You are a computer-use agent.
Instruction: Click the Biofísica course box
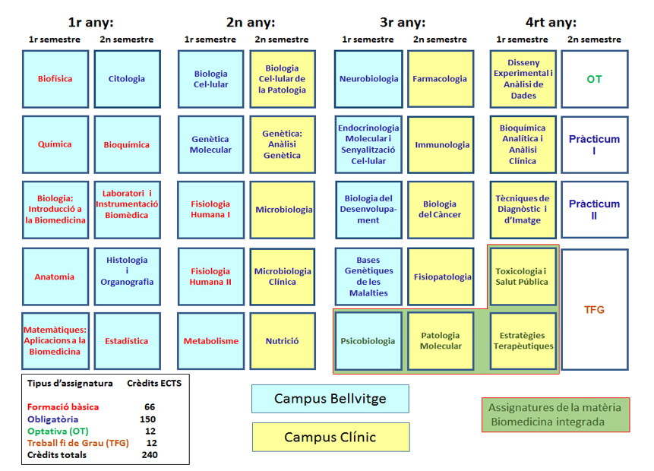click(x=55, y=79)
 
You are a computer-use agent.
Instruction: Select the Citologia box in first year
click(x=127, y=79)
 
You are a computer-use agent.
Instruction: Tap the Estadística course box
click(x=127, y=341)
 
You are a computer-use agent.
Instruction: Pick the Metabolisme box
click(x=210, y=341)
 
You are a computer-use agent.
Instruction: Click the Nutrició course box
click(x=283, y=341)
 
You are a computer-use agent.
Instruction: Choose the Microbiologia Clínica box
click(x=283, y=277)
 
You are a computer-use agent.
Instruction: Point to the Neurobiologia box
click(x=368, y=79)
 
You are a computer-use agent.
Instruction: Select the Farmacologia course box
click(x=440, y=79)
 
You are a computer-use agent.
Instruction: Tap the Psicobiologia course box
click(x=368, y=341)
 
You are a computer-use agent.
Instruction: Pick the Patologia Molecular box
click(x=441, y=341)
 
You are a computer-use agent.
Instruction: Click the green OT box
click(x=594, y=79)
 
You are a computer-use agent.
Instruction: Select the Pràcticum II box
click(x=594, y=209)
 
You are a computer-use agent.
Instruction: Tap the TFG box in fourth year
click(x=594, y=310)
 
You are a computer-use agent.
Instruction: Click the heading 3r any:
click(x=403, y=22)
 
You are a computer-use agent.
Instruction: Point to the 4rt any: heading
click(x=551, y=22)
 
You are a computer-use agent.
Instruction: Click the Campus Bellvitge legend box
click(x=330, y=399)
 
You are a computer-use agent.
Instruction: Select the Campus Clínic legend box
click(x=330, y=437)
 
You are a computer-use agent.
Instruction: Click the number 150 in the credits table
click(x=147, y=419)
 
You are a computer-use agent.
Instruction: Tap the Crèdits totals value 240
click(x=149, y=455)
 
